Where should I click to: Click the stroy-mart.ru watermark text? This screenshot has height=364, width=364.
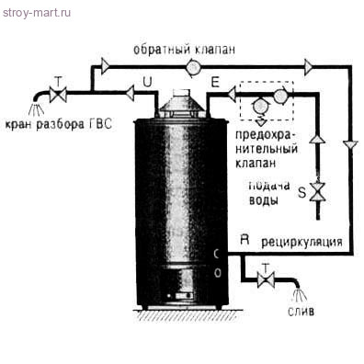point(38,12)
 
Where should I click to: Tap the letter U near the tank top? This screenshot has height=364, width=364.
point(147,82)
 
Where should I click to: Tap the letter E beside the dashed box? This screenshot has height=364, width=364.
point(214,82)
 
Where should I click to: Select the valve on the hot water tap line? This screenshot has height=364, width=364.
point(59,94)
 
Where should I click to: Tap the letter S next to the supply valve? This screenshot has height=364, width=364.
point(301,192)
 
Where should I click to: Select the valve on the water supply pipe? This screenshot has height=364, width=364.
point(318,193)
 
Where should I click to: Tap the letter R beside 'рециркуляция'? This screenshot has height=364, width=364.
point(245,239)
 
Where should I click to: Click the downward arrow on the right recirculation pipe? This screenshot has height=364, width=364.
point(350,145)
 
